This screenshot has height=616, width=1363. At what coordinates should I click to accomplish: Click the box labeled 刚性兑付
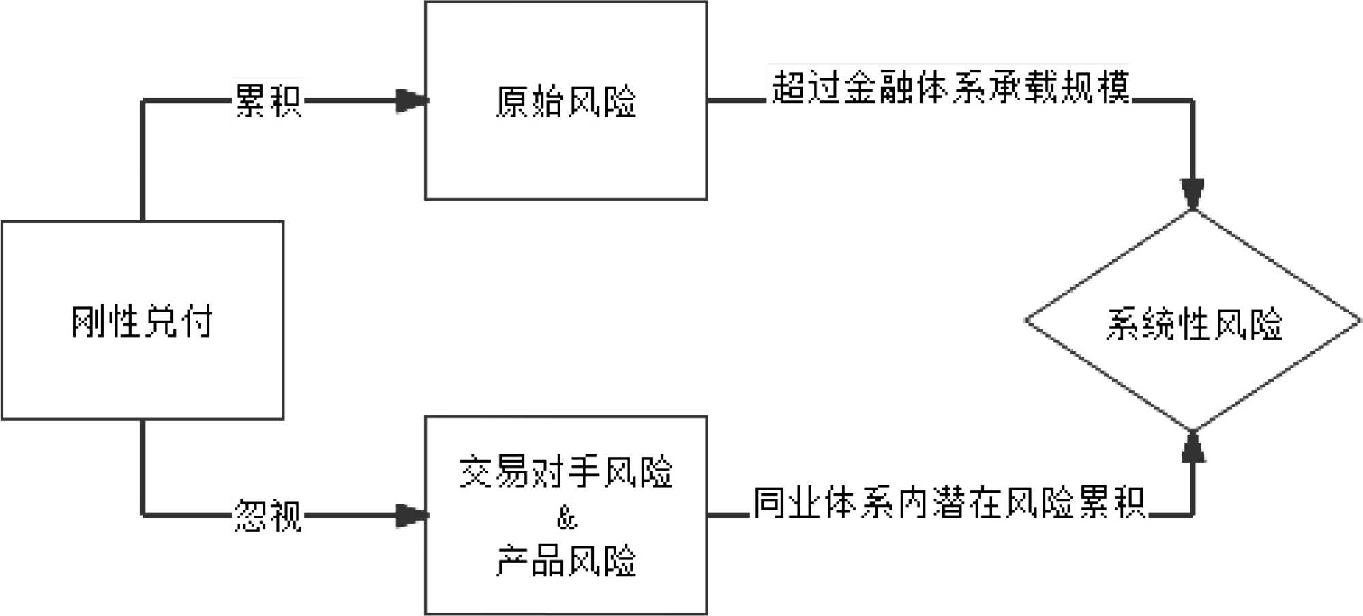coord(142,320)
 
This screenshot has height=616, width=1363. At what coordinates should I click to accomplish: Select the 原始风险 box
coord(566,100)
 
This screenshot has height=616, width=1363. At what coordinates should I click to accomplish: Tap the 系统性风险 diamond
coord(1193,321)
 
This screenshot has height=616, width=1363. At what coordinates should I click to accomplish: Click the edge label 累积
coord(267,101)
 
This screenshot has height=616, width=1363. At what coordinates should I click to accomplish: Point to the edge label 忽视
coord(267,515)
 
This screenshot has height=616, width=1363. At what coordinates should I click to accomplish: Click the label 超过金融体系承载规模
coord(950,87)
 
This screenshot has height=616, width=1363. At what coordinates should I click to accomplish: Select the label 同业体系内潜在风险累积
coord(949,503)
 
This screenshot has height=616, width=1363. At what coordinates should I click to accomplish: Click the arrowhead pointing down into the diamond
coord(1193,194)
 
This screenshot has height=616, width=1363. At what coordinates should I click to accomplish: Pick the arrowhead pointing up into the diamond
coord(1193,447)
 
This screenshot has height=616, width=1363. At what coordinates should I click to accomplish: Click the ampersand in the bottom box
coord(567,518)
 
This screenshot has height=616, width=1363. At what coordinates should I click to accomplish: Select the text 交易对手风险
coord(566,471)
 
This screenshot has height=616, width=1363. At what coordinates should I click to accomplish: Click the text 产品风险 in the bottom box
coord(566,561)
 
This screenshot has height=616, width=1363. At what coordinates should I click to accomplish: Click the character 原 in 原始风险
coord(513,102)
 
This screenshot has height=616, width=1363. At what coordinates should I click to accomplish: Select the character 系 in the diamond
coord(1123,323)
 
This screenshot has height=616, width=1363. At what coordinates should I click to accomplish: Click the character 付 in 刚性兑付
coord(196,321)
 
